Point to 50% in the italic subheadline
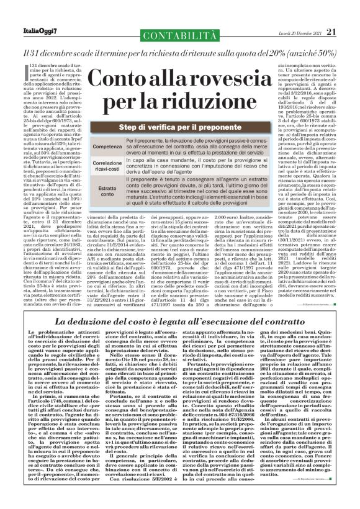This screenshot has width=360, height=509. pyautogui.click(x=333, y=52)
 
